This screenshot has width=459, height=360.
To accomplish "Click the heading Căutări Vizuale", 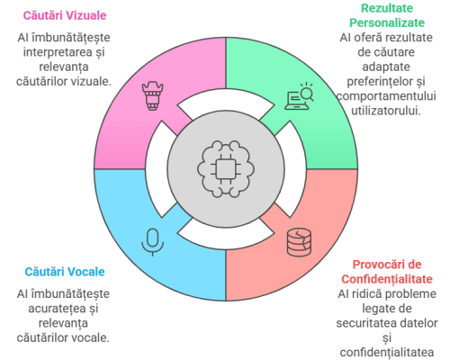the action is [x=65, y=15].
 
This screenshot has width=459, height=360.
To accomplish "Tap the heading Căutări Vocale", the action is [x=65, y=272].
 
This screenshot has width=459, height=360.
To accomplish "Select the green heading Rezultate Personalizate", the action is [x=387, y=15].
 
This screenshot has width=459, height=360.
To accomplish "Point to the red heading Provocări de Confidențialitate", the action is [x=387, y=272].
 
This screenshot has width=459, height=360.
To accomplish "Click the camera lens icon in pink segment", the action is [x=152, y=95].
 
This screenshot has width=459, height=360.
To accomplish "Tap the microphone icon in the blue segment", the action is [x=153, y=242].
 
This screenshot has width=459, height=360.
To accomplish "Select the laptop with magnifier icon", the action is [x=300, y=96].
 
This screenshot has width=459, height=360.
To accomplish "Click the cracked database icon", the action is [x=299, y=242].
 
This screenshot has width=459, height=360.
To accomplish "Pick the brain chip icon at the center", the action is [x=226, y=169].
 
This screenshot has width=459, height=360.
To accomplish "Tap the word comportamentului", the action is [x=386, y=96].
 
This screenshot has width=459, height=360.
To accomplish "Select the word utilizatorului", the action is [x=386, y=111].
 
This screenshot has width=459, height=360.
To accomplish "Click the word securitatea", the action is [x=366, y=323].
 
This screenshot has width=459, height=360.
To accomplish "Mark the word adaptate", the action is [x=386, y=67].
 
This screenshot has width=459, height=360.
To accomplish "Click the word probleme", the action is [x=411, y=293].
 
